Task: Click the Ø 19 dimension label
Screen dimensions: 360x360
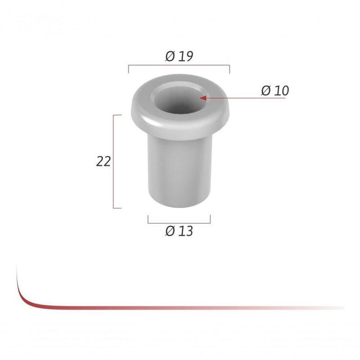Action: point(179,56)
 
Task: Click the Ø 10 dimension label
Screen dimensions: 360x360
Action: point(274,90)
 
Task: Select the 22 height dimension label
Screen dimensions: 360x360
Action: point(103,161)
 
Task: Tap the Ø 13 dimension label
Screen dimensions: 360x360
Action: point(179,231)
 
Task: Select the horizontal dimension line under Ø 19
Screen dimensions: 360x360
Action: point(179,66)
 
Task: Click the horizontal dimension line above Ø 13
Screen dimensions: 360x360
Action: point(179,222)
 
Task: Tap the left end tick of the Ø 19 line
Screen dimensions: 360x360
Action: point(129,69)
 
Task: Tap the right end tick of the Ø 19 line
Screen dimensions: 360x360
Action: point(229,69)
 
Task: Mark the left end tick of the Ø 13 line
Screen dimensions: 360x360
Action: point(148,219)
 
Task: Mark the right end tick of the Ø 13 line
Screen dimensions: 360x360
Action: point(210,219)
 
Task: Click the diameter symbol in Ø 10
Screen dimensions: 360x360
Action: point(265,90)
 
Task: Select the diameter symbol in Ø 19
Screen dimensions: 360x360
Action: point(170,56)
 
